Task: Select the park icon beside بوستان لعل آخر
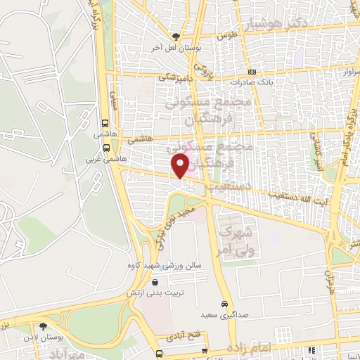coord(176,37)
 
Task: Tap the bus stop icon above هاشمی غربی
coord(106,148)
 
